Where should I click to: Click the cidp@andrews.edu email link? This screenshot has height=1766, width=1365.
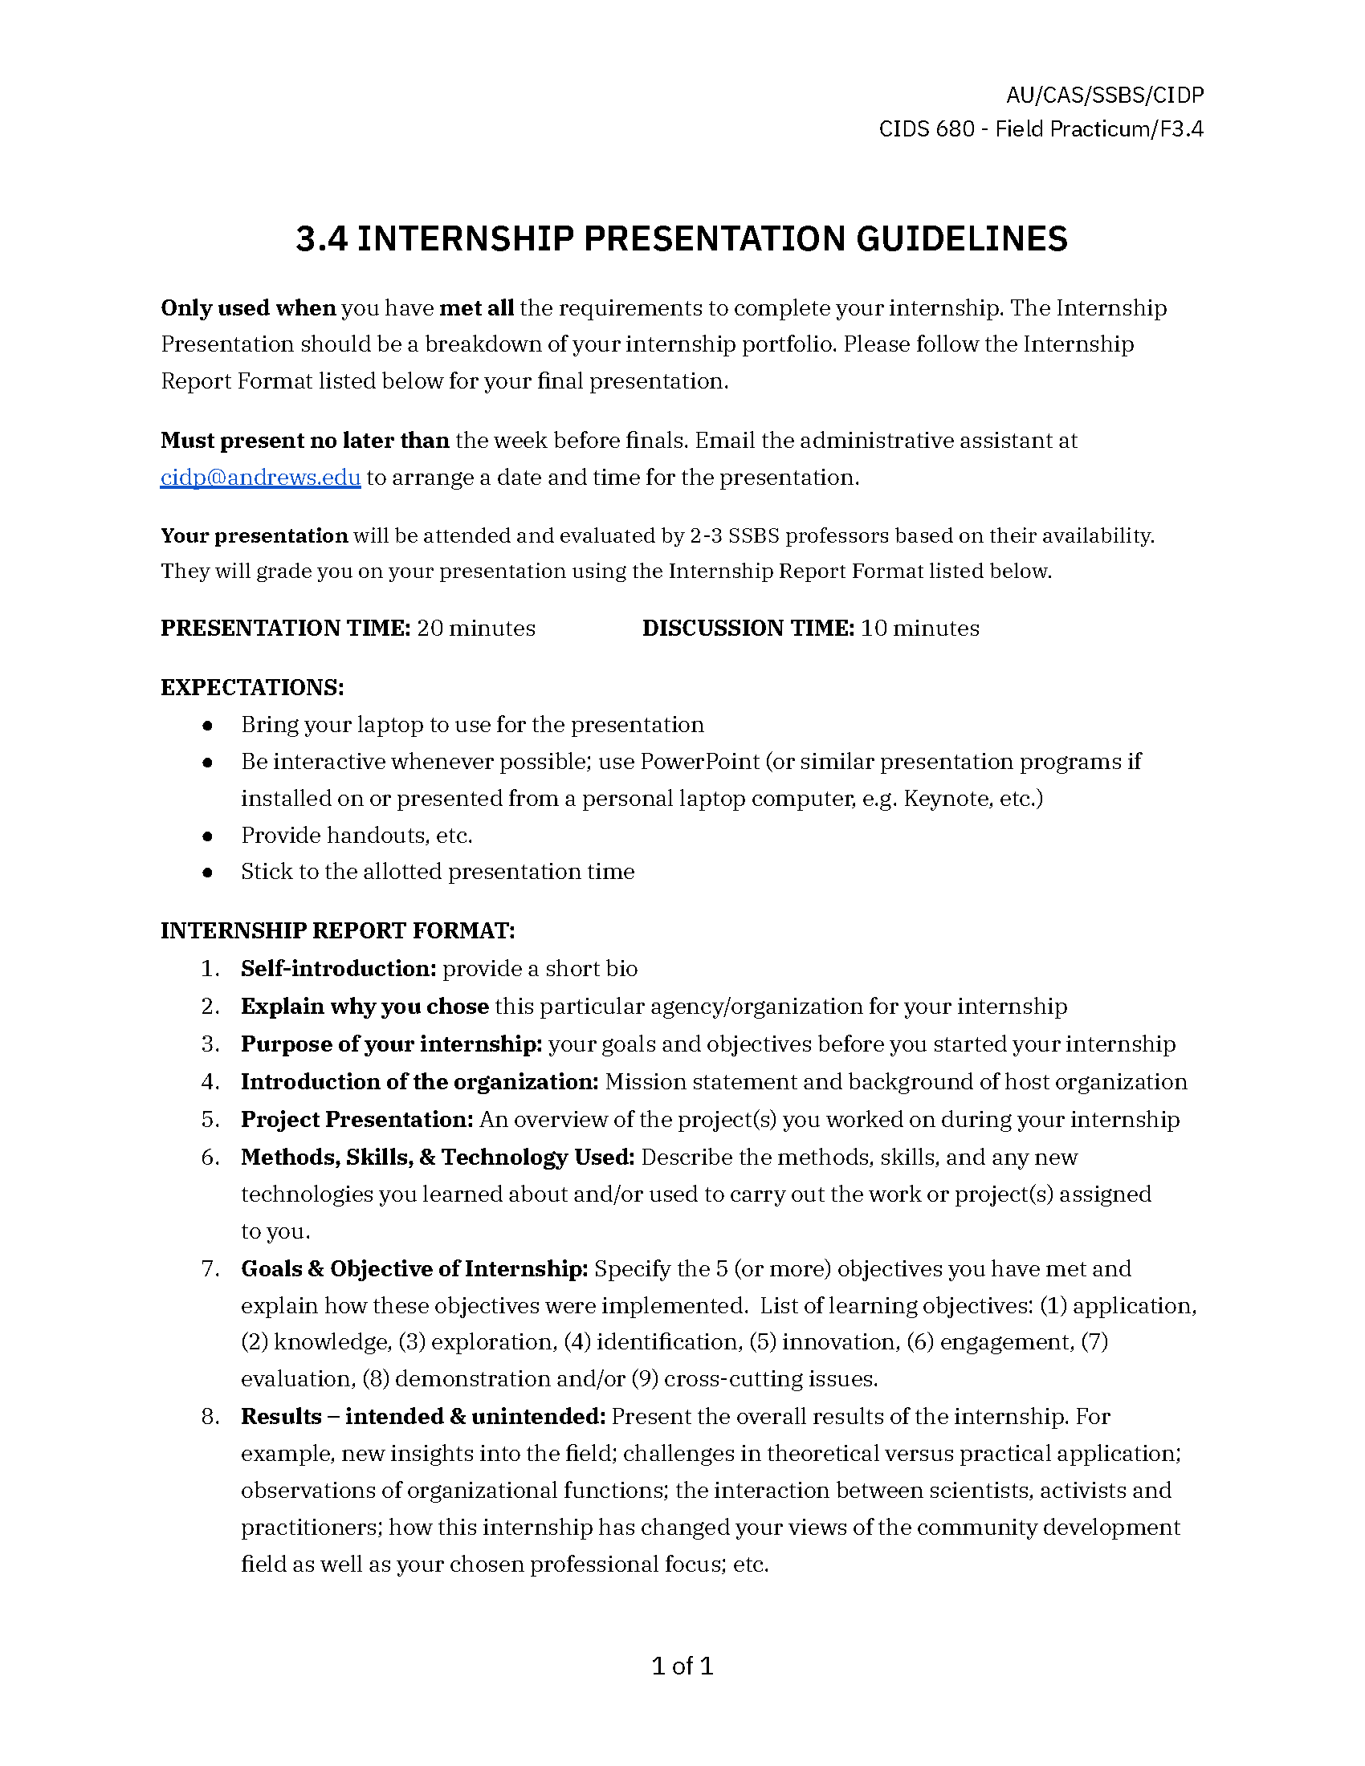[260, 478]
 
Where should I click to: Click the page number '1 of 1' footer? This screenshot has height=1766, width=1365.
[682, 1666]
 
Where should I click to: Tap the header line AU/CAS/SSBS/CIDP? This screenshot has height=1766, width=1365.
[1105, 96]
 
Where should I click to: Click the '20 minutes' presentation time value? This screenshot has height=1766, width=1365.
[475, 629]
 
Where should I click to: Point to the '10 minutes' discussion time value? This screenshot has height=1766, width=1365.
[919, 629]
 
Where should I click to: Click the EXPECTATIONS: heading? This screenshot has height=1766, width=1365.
[252, 687]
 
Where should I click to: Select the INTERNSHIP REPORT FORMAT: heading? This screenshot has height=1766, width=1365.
[338, 930]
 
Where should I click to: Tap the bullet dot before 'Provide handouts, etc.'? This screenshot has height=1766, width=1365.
[208, 836]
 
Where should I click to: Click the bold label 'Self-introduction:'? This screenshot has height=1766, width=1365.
[339, 969]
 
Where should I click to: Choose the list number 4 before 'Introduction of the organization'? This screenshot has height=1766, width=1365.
[210, 1082]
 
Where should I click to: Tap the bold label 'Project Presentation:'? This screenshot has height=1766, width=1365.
[357, 1120]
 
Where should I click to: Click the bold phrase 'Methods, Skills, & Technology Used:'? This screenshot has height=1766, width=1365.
[438, 1157]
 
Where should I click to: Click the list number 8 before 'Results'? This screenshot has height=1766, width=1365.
[210, 1417]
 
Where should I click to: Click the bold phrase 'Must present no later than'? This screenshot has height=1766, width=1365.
[305, 441]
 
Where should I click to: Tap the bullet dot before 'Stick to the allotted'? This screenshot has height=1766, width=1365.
[208, 873]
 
